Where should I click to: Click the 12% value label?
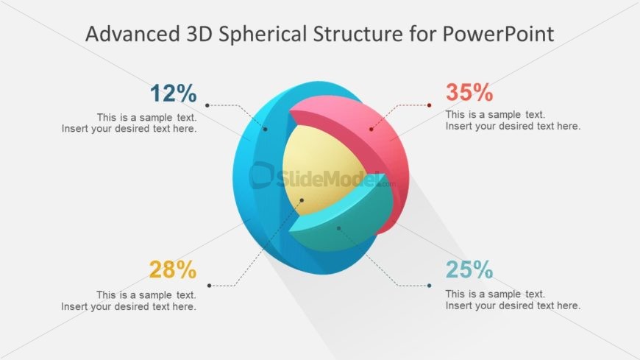point(174,93)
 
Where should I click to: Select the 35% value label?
point(469,92)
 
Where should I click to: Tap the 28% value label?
point(173,269)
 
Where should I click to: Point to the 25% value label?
point(469,269)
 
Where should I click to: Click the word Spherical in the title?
point(263,34)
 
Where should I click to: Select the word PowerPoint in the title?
point(498,34)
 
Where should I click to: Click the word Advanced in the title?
point(132,34)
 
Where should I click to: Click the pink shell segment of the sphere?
point(380,139)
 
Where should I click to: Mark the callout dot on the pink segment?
point(371,129)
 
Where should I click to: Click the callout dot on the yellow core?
point(302,200)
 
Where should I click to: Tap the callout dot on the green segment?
point(338,228)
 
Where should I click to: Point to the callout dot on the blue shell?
point(266,129)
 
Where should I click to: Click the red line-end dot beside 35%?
point(429,105)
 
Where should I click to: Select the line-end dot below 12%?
point(207,105)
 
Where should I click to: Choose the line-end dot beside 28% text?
point(210,286)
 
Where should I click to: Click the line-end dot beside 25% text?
point(429,286)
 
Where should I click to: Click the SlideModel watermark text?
point(322,177)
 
